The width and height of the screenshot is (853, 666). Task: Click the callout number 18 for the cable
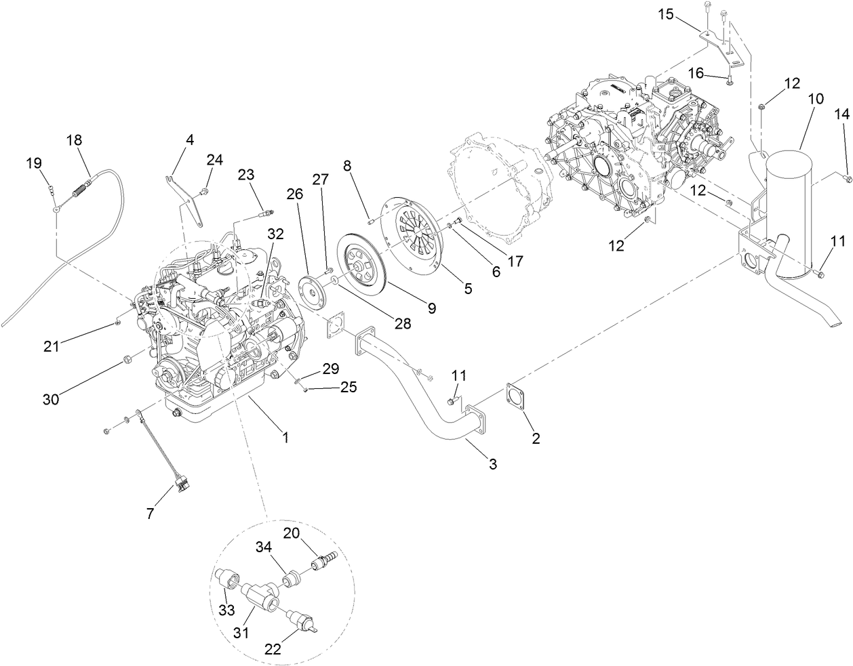pyautogui.click(x=74, y=140)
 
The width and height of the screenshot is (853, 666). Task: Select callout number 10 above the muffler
pyautogui.click(x=815, y=98)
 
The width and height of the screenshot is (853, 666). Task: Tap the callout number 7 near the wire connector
pyautogui.click(x=150, y=514)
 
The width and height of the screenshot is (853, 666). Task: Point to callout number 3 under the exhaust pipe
pyautogui.click(x=493, y=464)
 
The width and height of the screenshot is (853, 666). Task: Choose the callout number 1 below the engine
pyautogui.click(x=285, y=438)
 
